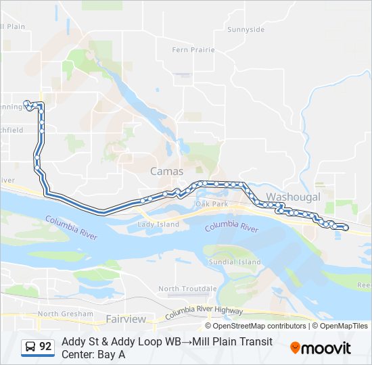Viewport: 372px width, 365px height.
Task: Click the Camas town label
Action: [x=166, y=172]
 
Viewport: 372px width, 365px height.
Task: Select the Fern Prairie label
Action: [x=193, y=50]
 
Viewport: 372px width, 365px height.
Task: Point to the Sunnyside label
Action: [x=246, y=30]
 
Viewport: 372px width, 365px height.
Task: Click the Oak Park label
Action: [x=212, y=203]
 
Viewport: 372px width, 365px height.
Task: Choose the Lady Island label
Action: [x=158, y=224]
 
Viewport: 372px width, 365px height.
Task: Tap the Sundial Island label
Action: [x=235, y=262]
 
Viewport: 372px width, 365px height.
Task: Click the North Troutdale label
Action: [x=187, y=289]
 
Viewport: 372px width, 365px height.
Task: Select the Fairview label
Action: [x=126, y=318]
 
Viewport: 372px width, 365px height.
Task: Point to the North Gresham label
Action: [x=65, y=314]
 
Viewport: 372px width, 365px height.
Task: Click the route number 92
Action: [x=45, y=347]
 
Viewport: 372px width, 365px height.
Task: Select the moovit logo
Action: [x=321, y=347]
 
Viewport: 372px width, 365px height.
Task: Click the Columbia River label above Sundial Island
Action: [x=232, y=227]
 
